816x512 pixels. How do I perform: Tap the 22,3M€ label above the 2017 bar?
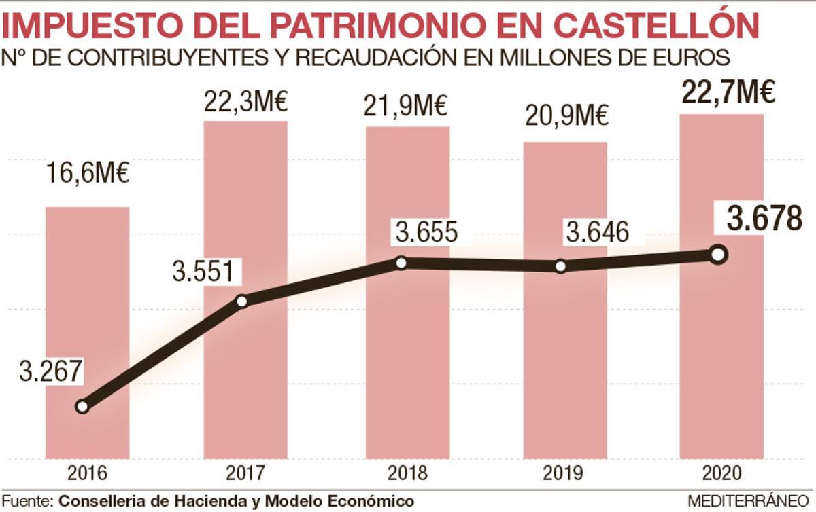(x=245, y=103)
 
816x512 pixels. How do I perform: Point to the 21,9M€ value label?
(x=407, y=107)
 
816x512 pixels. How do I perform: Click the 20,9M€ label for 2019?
(x=566, y=117)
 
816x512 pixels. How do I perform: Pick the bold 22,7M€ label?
(x=728, y=92)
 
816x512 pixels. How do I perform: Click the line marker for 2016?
(x=82, y=407)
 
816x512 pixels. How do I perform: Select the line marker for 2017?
(x=241, y=301)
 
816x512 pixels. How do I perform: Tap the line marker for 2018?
(x=401, y=263)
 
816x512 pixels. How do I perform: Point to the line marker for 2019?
(x=560, y=266)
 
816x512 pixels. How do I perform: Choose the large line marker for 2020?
(x=717, y=254)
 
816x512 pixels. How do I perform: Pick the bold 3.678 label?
(x=764, y=219)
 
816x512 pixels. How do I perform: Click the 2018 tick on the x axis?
(x=407, y=473)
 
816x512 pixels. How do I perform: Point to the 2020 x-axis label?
(x=721, y=473)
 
